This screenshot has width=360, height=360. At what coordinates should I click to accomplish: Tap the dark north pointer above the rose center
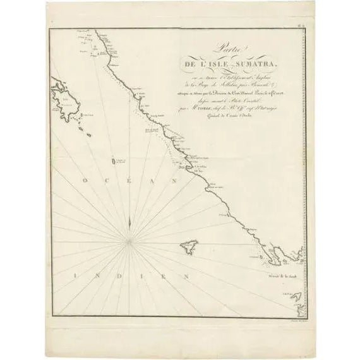tap(128, 220)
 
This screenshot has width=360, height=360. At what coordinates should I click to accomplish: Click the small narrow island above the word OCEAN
tap(113, 162)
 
